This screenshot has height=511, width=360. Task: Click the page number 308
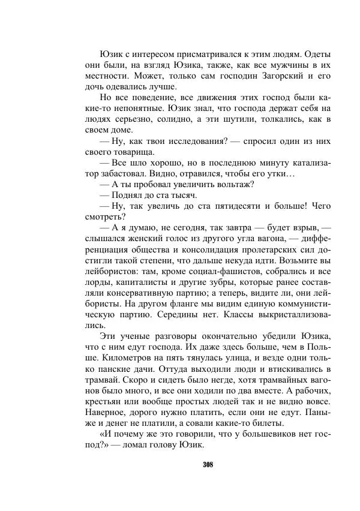click(x=208, y=465)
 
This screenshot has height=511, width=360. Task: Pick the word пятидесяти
click(x=229, y=206)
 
